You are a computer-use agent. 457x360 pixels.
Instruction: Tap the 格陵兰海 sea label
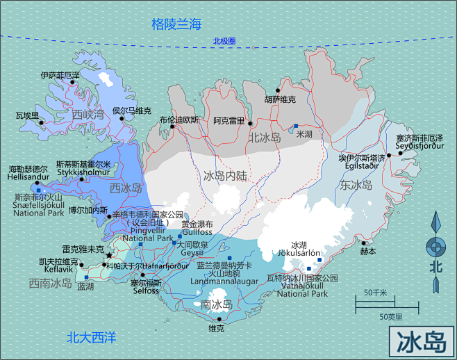click(176, 24)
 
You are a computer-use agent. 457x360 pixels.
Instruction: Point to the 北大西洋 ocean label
click(91, 338)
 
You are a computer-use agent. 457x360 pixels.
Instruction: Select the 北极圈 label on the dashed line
click(224, 41)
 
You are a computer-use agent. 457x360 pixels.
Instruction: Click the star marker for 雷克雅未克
click(108, 256)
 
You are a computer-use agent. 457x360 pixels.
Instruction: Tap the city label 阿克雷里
click(229, 121)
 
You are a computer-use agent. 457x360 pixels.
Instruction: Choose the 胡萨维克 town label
click(280, 99)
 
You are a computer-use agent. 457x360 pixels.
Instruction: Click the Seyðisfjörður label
click(419, 146)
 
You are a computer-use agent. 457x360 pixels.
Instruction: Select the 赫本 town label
click(368, 251)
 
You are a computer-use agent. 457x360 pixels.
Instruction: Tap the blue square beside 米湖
click(296, 126)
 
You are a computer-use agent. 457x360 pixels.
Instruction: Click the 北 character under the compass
click(436, 266)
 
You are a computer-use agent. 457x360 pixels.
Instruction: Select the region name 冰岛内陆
click(225, 176)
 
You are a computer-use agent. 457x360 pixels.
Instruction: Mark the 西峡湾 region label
click(88, 114)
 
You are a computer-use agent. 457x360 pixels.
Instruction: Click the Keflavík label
click(56, 269)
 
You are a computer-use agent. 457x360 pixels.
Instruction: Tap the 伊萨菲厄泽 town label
click(60, 74)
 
